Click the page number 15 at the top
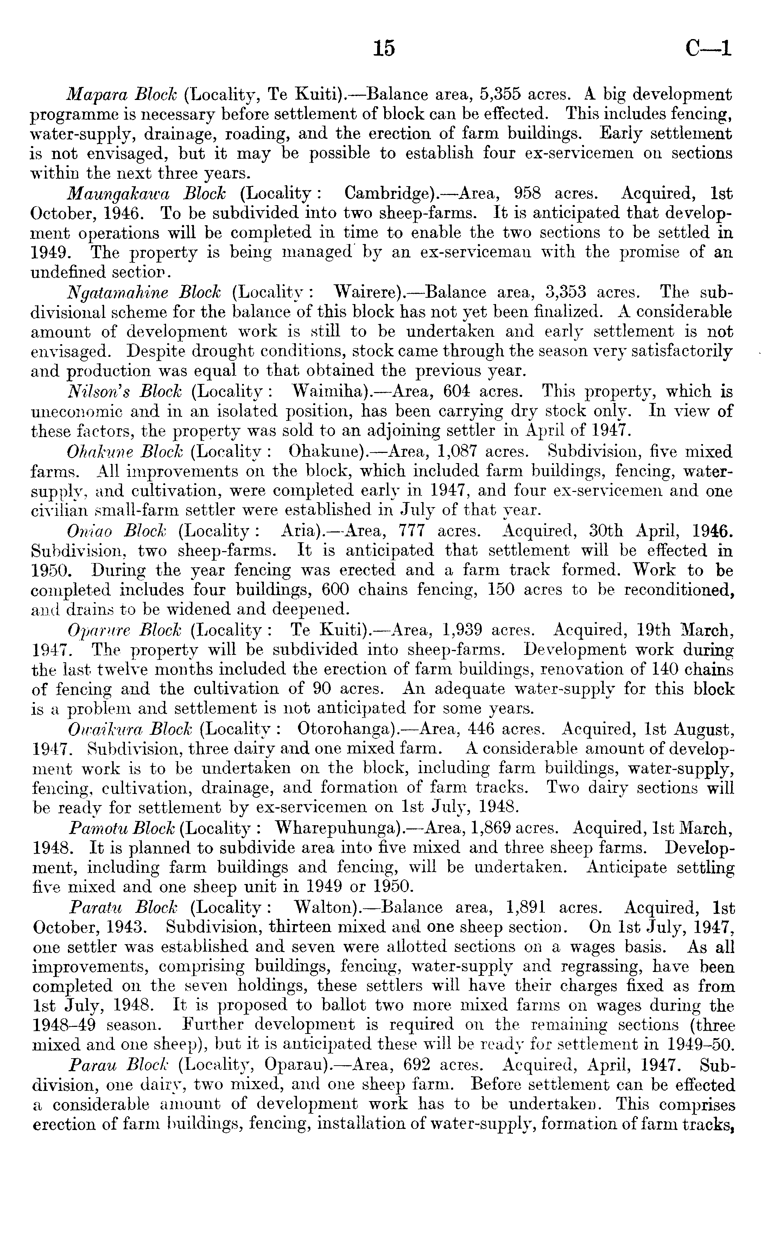pos(384,49)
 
